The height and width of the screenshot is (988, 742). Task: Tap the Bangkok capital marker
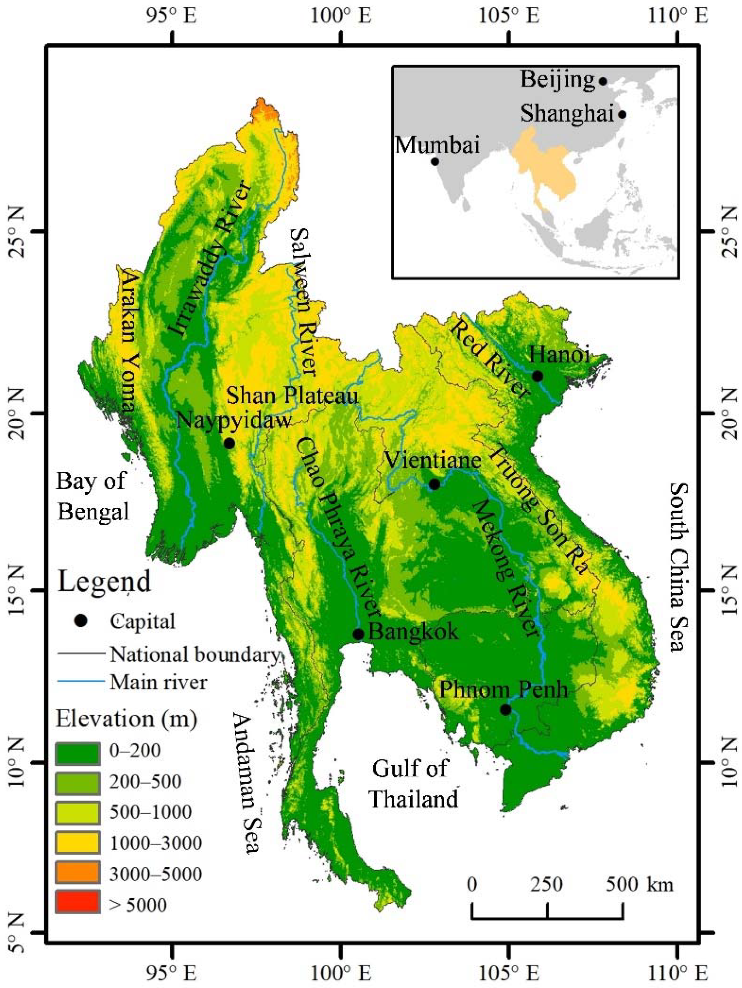point(358,634)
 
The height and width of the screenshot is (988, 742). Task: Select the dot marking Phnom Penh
point(505,709)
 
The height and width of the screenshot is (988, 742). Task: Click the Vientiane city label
point(433,460)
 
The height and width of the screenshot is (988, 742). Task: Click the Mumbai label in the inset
point(438,145)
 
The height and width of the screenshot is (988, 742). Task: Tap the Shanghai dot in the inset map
point(622,115)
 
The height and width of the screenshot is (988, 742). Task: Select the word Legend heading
point(105,582)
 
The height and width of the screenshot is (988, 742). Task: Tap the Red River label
point(489,359)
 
